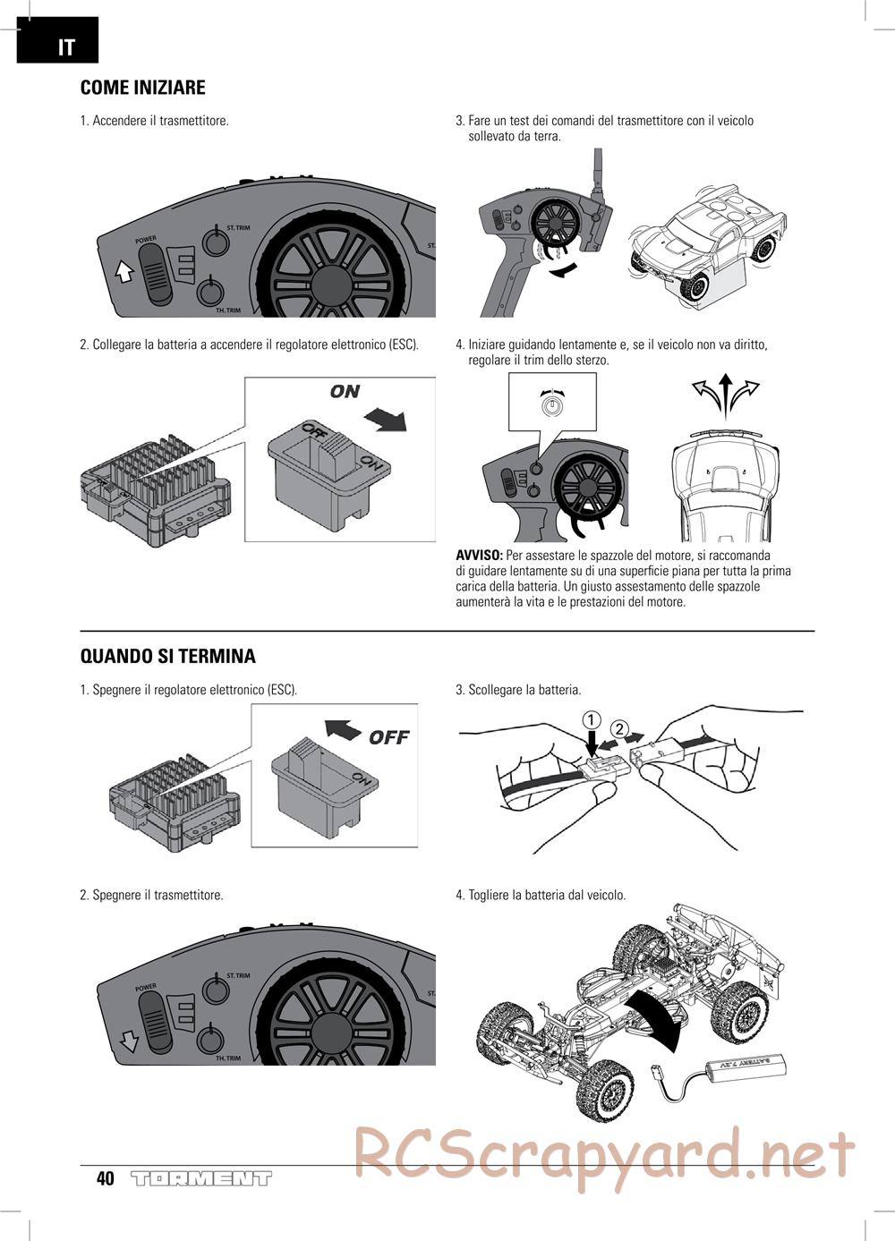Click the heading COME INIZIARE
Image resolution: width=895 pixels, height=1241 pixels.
click(x=143, y=88)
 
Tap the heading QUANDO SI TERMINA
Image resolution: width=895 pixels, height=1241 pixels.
click(x=168, y=656)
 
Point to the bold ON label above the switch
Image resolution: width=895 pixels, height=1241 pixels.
click(x=345, y=391)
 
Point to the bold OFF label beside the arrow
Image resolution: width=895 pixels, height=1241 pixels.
click(x=388, y=737)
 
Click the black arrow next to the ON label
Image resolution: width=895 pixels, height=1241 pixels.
click(x=385, y=419)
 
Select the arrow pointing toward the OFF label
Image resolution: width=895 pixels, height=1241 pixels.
click(x=343, y=728)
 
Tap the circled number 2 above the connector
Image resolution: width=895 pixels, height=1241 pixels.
click(x=620, y=727)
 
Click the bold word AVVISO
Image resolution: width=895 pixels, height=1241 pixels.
click(x=480, y=556)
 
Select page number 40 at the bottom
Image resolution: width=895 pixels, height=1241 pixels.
click(x=106, y=1178)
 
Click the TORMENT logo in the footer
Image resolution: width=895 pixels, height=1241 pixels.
click(x=200, y=1178)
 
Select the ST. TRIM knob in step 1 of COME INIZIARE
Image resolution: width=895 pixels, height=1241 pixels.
click(x=214, y=241)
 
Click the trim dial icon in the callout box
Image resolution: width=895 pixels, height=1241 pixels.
click(x=553, y=404)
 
